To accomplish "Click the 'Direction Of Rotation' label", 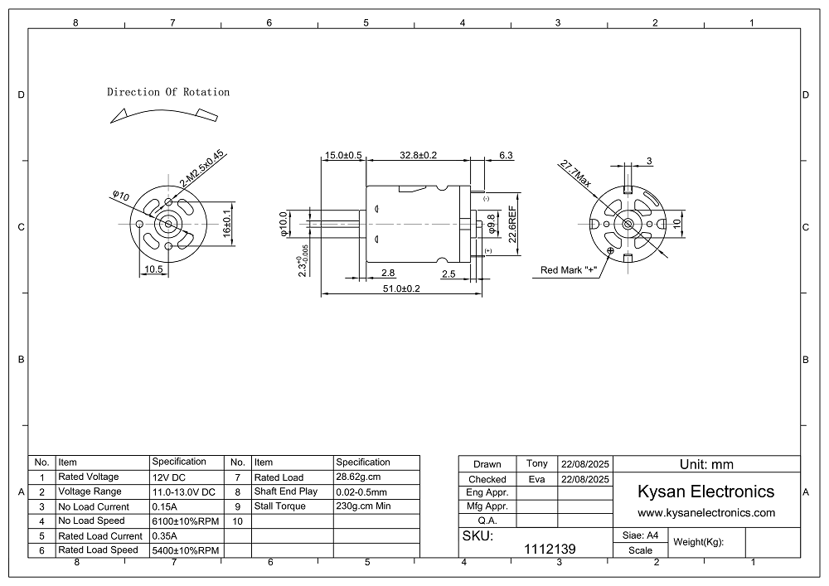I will (168, 92).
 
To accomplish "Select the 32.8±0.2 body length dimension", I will (419, 155).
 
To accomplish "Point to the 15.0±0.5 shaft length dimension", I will (343, 155).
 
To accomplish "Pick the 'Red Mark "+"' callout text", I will (569, 269).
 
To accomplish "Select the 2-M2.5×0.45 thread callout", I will (202, 168).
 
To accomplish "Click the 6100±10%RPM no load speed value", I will (185, 521).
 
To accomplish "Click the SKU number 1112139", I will (550, 549).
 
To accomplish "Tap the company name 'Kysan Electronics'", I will (705, 492).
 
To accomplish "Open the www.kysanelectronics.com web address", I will (705, 513).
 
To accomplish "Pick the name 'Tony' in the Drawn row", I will (537, 463).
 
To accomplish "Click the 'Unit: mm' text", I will (705, 464).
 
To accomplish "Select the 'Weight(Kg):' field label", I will (699, 542).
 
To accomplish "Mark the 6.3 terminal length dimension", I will (506, 155).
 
